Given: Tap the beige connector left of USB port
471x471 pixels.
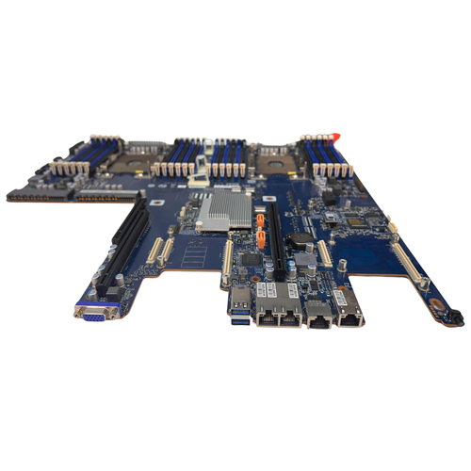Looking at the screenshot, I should coord(226,263).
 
